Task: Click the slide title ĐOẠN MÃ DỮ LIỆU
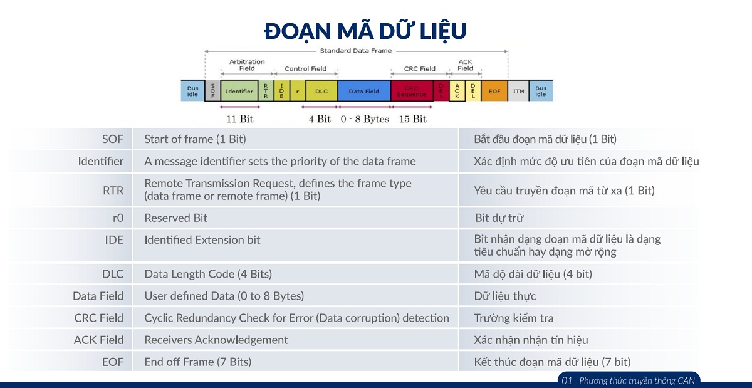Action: coord(365,31)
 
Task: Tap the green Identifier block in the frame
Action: coord(239,91)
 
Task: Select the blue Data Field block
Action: coord(364,91)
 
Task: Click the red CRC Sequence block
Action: coord(412,91)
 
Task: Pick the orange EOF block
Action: coord(494,91)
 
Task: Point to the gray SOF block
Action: coord(212,91)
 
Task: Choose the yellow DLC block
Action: coord(321,91)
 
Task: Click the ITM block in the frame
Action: coord(518,91)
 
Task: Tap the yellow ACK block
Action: coord(457,91)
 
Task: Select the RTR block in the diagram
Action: coord(266,91)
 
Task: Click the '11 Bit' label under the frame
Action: coord(239,119)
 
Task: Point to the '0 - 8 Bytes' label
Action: coord(365,119)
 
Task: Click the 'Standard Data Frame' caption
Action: coord(356,51)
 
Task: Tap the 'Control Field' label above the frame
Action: coord(306,68)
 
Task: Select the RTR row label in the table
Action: coord(113,191)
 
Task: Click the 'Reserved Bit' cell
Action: coord(175,218)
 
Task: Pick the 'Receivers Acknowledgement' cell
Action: coord(216,340)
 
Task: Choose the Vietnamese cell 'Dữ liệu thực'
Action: coord(505,296)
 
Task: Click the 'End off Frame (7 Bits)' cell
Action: coord(198,362)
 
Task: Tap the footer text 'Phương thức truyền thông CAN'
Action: coord(637,380)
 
